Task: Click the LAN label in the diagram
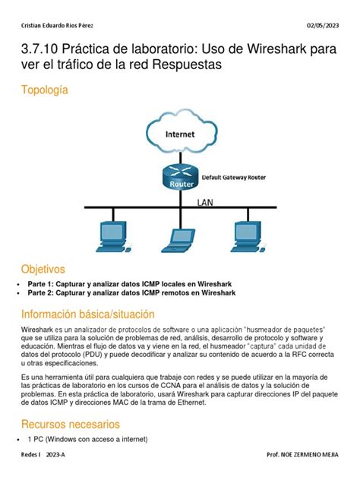click(x=205, y=203)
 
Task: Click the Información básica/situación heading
click(x=87, y=314)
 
